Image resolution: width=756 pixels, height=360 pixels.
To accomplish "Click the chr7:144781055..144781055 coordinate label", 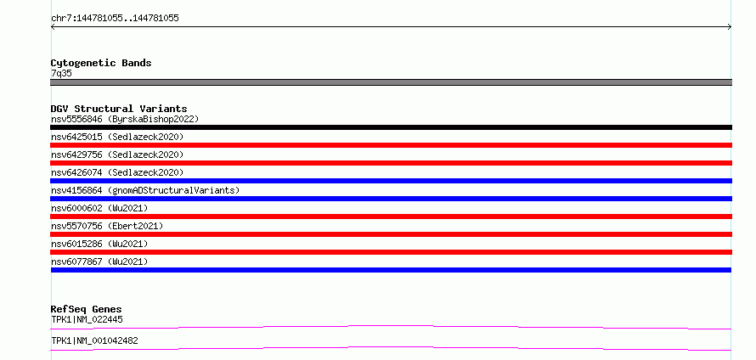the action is click(115, 19).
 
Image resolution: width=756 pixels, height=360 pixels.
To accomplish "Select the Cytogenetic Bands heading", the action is click(101, 63).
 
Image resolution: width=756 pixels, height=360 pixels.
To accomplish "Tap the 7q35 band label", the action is click(62, 74).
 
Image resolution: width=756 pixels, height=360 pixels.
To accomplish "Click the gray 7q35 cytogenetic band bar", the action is click(391, 82).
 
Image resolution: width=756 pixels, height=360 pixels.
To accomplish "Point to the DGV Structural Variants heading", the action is click(119, 109).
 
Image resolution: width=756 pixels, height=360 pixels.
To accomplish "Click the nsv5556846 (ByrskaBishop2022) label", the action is click(125, 119).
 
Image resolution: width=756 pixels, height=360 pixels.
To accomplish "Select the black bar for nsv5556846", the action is click(391, 127).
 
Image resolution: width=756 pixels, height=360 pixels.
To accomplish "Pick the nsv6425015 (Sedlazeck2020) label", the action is click(117, 137).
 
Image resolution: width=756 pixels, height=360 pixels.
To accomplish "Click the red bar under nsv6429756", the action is click(391, 163).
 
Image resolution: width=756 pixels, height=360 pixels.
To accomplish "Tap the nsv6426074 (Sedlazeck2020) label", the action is click(117, 172).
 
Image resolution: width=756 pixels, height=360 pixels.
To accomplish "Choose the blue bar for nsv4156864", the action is click(391, 199).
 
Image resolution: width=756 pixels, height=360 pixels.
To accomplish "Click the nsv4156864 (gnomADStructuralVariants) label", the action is click(145, 190).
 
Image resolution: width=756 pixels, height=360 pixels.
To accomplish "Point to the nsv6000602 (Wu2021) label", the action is click(99, 208).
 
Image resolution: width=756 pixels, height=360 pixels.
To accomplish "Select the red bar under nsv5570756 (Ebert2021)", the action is click(391, 234).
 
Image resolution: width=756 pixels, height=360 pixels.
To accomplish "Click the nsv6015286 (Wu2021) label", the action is click(99, 244).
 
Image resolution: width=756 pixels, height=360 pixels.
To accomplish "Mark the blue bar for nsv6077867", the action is click(391, 270).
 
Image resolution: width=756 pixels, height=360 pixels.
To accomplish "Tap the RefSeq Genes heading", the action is click(87, 309).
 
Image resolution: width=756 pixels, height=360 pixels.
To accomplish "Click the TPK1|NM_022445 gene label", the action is click(83, 319).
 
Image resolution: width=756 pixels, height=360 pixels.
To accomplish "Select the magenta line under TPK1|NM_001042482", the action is click(391, 348).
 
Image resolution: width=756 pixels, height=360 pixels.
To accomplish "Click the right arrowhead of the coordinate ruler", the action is click(730, 27).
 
